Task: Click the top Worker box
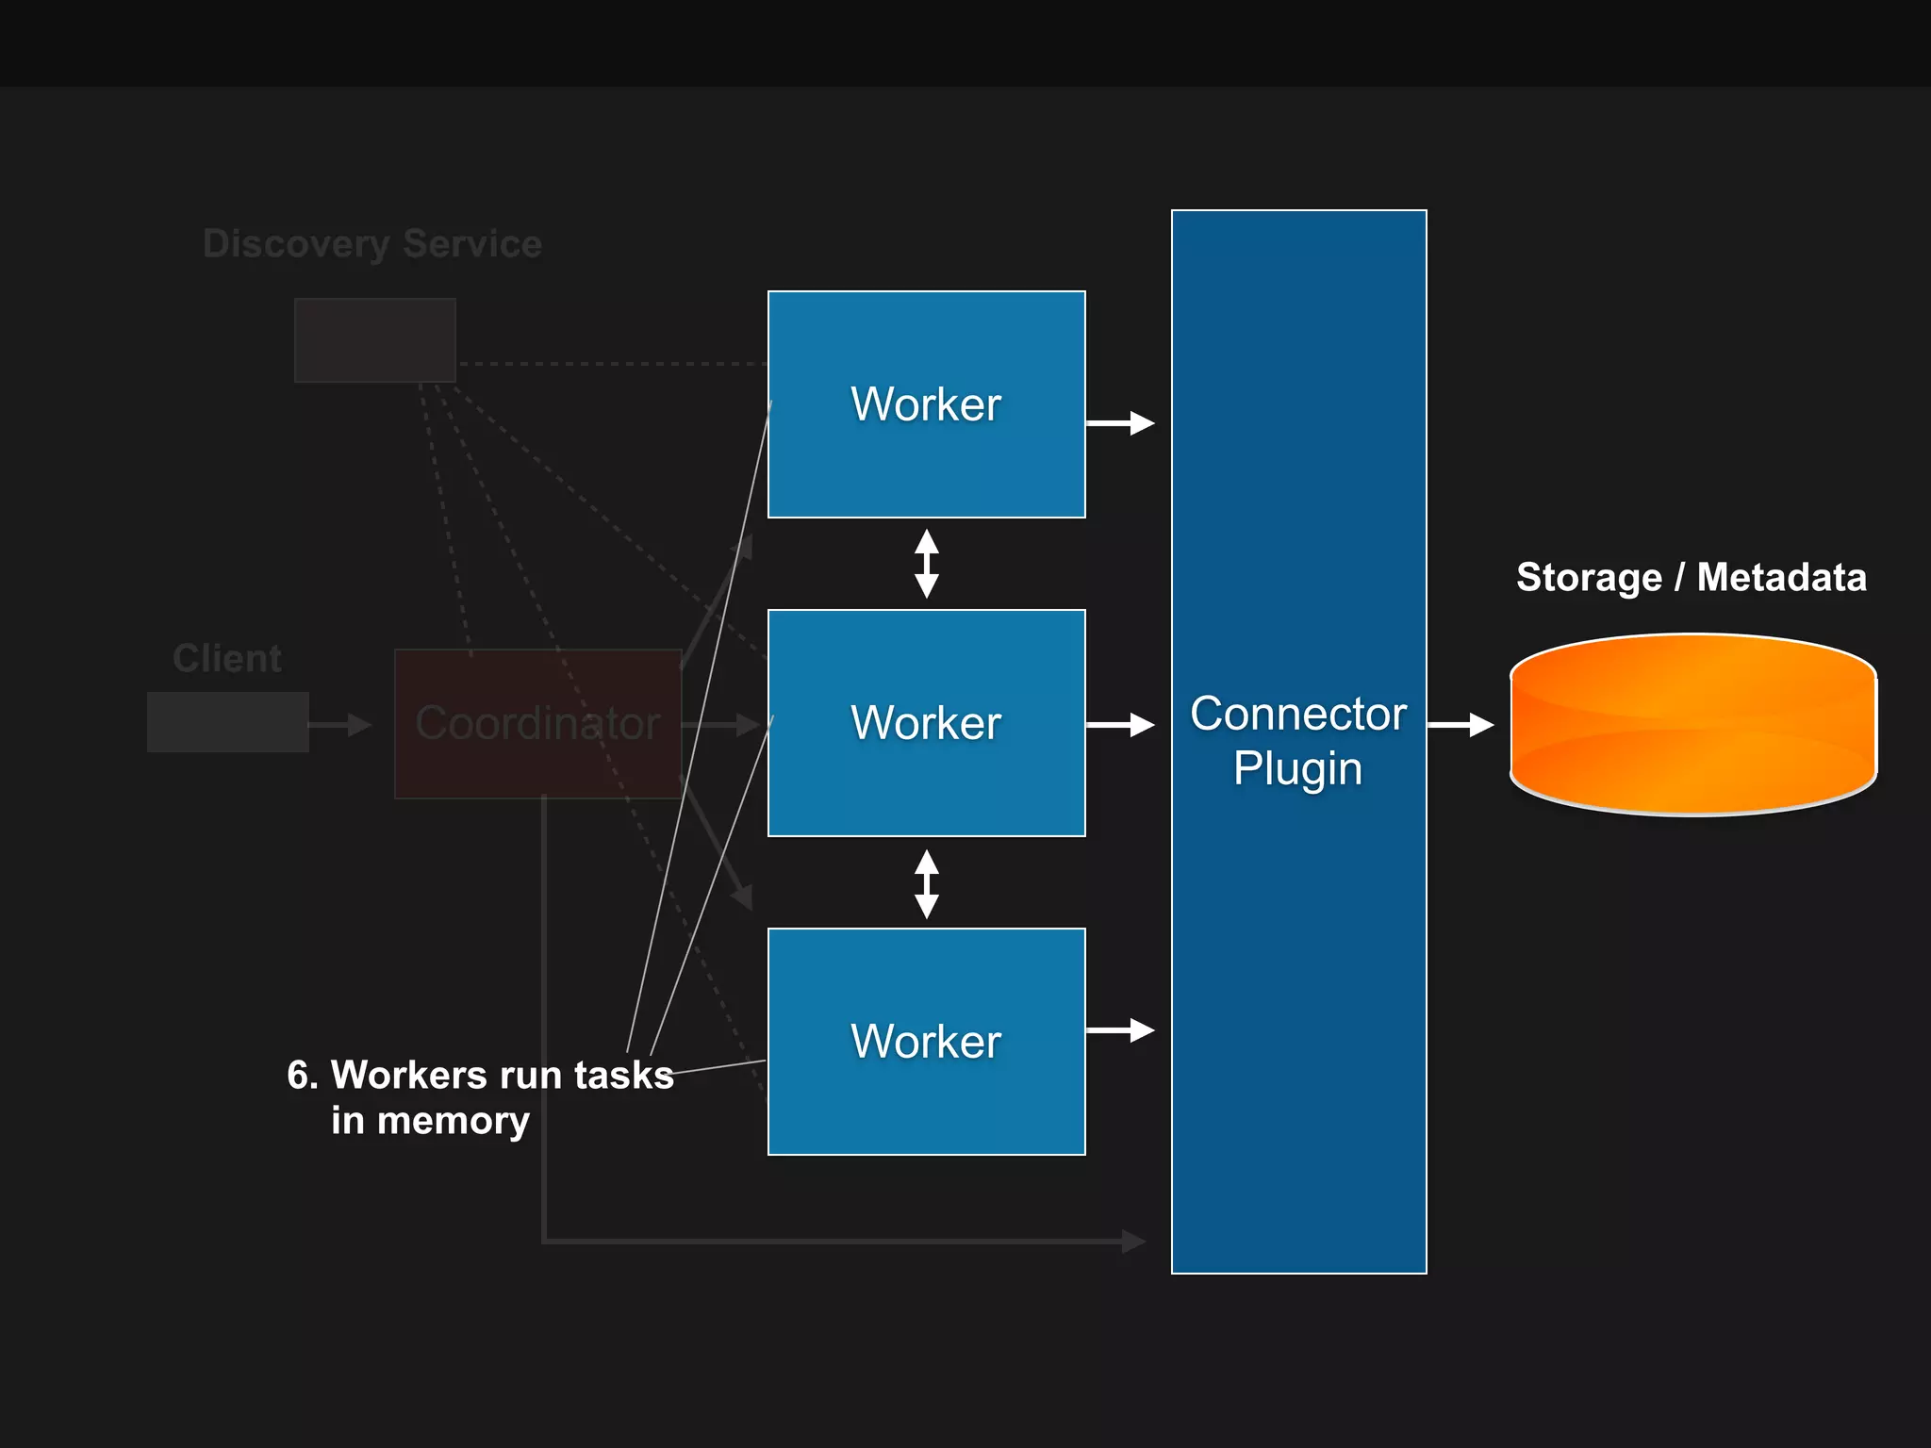(x=926, y=404)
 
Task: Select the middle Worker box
(x=926, y=723)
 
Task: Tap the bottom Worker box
(x=926, y=1042)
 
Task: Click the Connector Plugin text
(x=1298, y=741)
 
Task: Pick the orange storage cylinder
(x=1693, y=724)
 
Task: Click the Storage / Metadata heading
(x=1692, y=577)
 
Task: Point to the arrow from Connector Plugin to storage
(x=1461, y=725)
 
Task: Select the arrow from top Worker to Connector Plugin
(x=1120, y=423)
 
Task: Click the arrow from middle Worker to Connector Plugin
(x=1120, y=725)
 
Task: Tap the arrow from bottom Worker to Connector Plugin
(x=1120, y=1030)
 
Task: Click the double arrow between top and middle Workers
(x=927, y=564)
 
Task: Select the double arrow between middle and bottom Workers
(x=927, y=883)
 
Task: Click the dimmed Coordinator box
(x=537, y=724)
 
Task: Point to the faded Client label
(x=227, y=658)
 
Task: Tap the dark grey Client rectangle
(x=227, y=722)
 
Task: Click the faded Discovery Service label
(x=372, y=244)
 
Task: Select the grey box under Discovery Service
(x=375, y=340)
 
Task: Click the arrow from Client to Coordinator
(x=340, y=725)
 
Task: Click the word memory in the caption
(x=454, y=1121)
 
